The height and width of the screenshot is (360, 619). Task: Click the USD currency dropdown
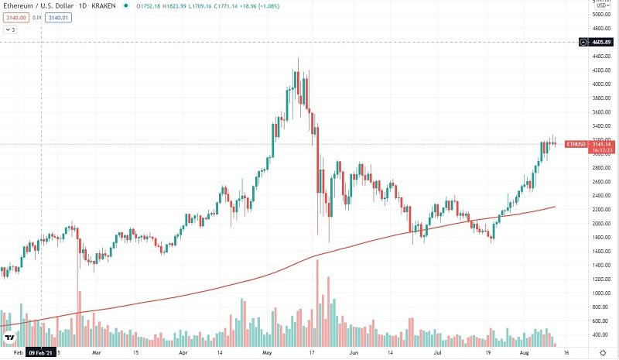click(598, 5)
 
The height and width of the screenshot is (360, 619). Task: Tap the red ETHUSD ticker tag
click(576, 144)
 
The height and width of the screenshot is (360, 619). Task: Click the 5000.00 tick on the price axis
click(600, 15)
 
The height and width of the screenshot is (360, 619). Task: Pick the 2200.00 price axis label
click(600, 210)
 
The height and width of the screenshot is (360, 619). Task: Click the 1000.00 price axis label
click(600, 293)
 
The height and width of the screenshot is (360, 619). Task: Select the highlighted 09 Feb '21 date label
click(40, 351)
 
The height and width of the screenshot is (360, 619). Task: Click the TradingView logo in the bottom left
click(10, 338)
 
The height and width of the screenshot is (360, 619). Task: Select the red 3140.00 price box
click(15, 18)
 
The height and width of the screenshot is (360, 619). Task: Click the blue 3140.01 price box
click(58, 18)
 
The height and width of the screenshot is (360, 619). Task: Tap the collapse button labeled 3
click(10, 30)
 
